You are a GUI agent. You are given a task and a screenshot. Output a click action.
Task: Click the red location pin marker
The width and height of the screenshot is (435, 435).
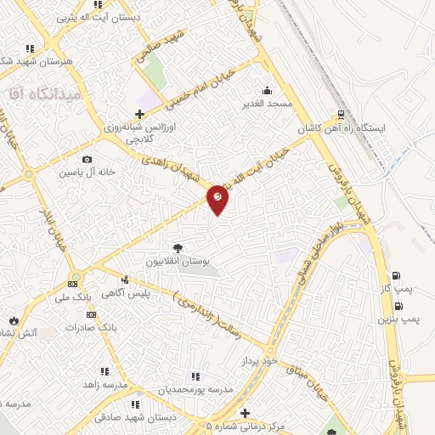[x=218, y=198]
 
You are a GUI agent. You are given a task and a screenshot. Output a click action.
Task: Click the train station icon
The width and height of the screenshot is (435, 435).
[x=342, y=114]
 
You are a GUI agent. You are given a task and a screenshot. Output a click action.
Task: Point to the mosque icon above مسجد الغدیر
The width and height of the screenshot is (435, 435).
[x=268, y=90]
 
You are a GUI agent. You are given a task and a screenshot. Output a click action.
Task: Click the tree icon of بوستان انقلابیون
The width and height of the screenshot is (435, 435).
[x=178, y=248]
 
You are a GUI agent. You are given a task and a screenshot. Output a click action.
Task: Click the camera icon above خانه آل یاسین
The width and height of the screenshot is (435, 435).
[x=87, y=159]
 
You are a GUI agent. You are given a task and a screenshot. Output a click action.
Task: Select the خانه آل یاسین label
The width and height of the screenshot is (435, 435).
[x=87, y=172]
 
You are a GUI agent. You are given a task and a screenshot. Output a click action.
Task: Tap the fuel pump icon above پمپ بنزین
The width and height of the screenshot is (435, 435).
[x=398, y=305]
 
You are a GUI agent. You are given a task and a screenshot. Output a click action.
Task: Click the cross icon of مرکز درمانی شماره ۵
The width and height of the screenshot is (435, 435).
[x=246, y=413]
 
